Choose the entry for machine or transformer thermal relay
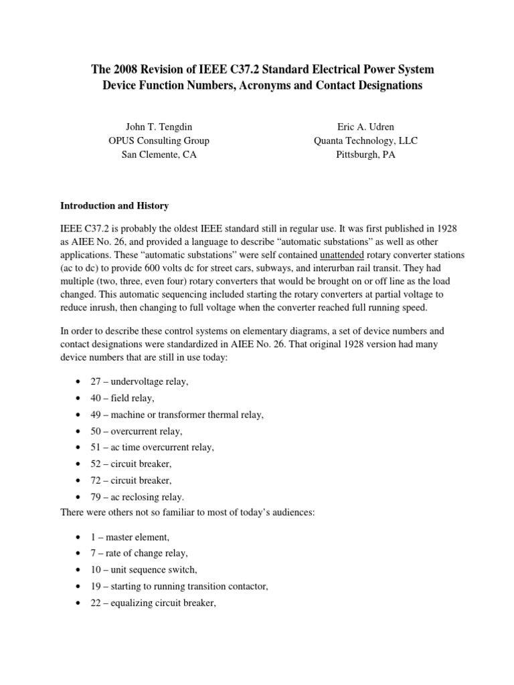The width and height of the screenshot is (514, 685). (177, 415)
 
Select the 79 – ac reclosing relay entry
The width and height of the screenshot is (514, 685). (137, 497)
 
